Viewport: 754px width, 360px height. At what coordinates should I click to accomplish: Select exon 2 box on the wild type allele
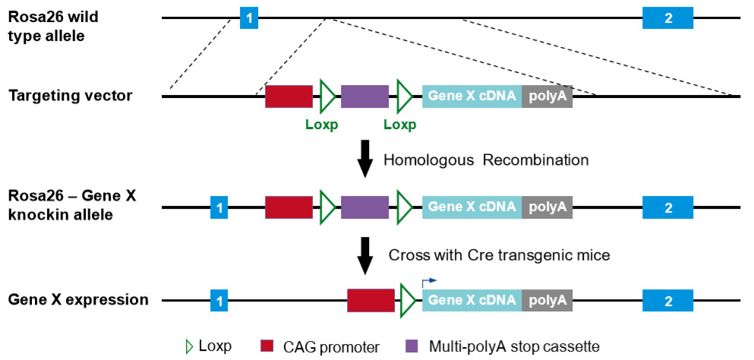[667, 17]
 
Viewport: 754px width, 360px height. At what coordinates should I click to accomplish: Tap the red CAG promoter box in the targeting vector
[289, 96]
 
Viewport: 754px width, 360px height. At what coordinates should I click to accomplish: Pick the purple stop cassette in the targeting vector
[364, 96]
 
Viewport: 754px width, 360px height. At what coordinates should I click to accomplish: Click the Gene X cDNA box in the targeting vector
[472, 96]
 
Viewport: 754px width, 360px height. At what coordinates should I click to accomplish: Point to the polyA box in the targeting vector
[547, 96]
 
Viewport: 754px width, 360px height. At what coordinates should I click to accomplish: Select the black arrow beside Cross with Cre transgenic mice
[365, 254]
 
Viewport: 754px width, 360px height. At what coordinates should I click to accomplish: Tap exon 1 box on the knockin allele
[219, 206]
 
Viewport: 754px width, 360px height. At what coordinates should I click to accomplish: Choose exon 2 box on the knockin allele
[667, 206]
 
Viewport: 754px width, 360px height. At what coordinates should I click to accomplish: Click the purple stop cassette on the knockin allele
[364, 206]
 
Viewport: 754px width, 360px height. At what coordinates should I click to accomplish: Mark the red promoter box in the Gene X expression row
[371, 300]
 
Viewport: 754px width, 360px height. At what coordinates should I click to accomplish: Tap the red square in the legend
[267, 346]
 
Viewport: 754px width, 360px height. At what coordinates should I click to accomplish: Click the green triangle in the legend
[189, 346]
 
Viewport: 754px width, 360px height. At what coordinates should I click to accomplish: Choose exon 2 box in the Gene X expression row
[667, 300]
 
